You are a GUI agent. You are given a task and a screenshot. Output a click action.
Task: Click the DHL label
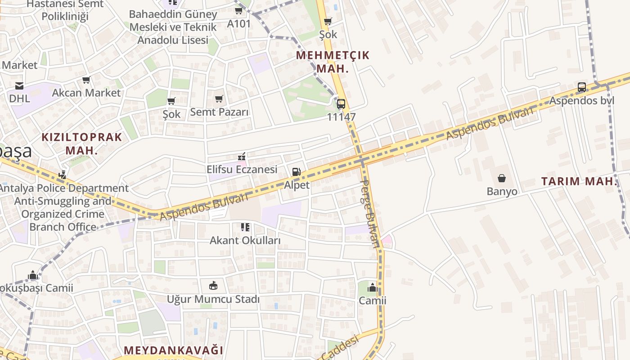(20, 98)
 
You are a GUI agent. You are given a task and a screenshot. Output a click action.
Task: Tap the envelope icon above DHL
(19, 85)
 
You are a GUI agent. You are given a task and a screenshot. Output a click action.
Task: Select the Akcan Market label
(86, 93)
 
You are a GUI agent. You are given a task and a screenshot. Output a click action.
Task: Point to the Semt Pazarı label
(219, 112)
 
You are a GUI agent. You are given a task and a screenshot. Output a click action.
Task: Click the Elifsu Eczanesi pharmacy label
(242, 169)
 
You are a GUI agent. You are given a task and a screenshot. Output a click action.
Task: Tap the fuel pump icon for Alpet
(296, 171)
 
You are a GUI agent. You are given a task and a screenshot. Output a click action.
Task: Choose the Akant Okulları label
(245, 240)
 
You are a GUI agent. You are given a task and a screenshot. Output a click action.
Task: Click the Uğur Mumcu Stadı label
(213, 299)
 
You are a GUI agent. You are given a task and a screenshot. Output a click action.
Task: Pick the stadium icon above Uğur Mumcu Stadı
(213, 285)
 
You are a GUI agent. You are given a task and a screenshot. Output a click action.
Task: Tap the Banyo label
(502, 192)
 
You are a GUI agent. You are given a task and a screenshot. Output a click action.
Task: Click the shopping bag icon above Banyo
(502, 179)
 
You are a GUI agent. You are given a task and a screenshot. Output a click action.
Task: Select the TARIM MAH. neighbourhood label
(578, 182)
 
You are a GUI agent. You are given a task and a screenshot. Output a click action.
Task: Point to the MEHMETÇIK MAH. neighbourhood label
(333, 62)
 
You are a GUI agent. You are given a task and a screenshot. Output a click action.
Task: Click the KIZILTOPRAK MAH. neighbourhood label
(81, 144)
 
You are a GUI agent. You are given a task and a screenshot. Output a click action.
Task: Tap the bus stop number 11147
(341, 117)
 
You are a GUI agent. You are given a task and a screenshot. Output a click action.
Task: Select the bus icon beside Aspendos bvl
(582, 87)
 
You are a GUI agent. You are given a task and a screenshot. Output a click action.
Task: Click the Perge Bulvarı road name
(370, 214)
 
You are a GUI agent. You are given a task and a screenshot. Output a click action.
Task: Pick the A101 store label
(238, 23)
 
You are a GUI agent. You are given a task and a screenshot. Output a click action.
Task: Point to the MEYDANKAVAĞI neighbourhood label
(173, 350)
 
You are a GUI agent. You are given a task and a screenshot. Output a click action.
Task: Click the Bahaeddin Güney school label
(173, 27)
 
